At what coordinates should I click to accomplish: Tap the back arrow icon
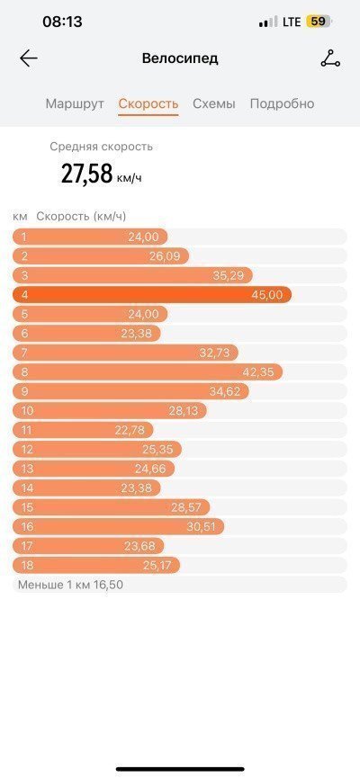29,58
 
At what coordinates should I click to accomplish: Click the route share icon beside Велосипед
330,59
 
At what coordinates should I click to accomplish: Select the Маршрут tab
75,103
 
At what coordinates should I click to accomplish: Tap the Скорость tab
148,103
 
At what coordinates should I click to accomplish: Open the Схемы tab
214,103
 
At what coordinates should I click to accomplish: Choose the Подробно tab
282,103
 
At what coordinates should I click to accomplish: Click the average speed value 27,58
86,174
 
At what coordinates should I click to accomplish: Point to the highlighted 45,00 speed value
267,295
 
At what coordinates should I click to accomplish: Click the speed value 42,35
258,372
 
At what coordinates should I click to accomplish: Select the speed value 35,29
229,276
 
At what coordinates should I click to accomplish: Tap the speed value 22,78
130,430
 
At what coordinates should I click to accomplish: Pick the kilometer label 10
27,411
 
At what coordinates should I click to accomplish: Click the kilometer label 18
27,565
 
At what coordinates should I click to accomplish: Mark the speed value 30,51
201,527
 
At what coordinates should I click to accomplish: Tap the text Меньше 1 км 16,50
70,585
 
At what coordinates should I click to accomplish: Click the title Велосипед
180,58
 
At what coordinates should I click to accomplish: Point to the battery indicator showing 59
319,22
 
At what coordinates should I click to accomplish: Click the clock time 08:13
63,22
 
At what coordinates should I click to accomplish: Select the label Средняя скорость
102,147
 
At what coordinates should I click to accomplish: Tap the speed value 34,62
225,391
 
